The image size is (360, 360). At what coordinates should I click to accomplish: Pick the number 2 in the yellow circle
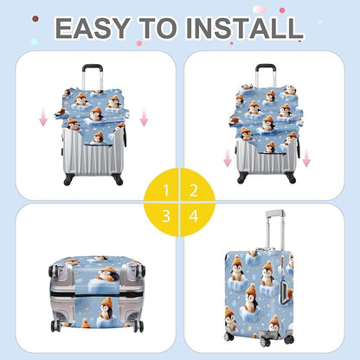[x=195, y=189]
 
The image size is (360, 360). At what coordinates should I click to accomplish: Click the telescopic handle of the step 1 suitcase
[x=95, y=76]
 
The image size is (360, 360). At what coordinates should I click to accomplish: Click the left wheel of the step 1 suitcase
[x=70, y=181]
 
